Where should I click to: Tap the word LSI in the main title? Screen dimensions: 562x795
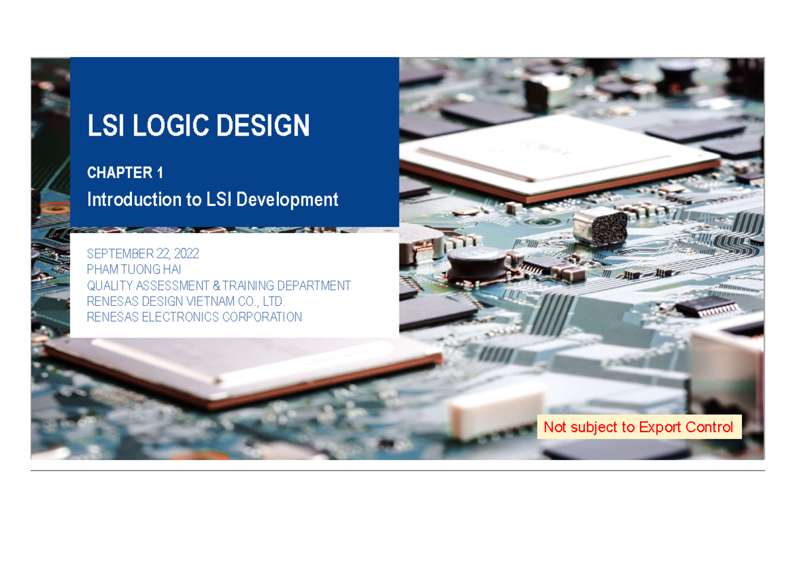pos(107,126)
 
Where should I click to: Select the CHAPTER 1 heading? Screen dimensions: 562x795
pos(125,173)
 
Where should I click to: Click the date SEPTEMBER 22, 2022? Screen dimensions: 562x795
pos(143,254)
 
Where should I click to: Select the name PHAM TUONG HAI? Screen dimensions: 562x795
pos(134,269)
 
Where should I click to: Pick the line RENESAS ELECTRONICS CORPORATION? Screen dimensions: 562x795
pos(194,317)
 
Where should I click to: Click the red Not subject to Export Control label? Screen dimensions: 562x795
pos(638,427)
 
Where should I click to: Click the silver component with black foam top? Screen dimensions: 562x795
pos(600,225)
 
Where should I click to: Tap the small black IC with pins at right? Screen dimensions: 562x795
pos(708,306)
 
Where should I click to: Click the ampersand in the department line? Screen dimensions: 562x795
pos(216,286)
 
